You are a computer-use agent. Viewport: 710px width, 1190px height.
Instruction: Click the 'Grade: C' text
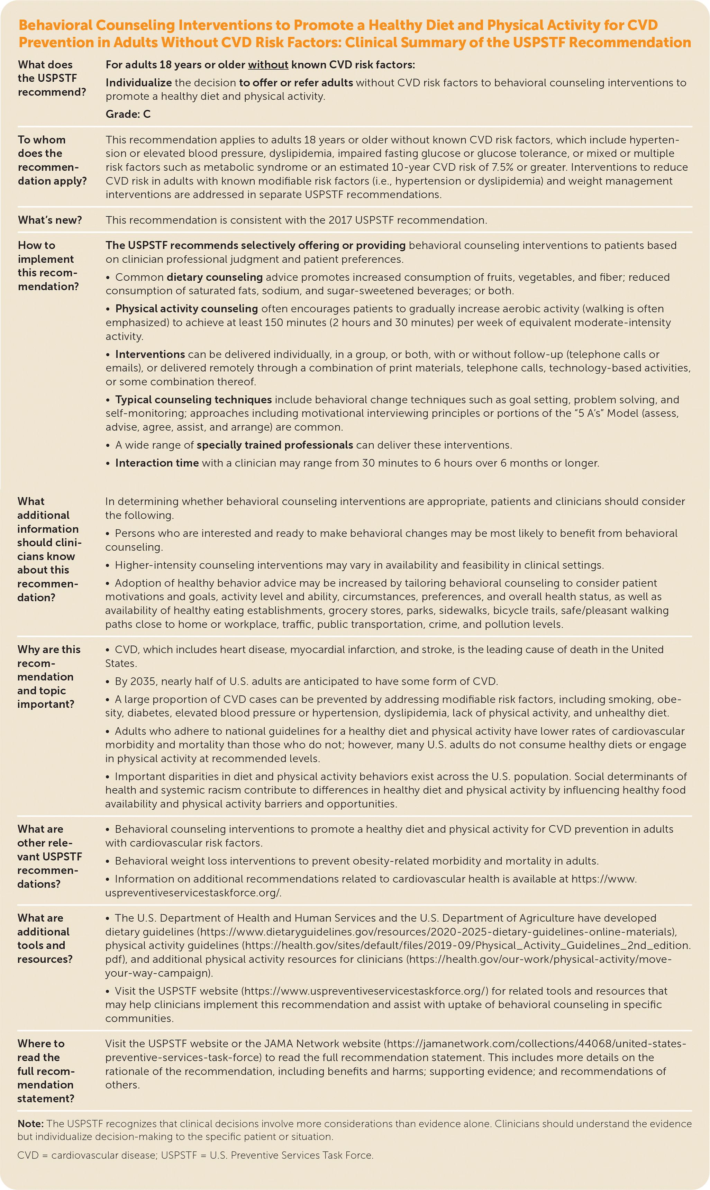pyautogui.click(x=128, y=114)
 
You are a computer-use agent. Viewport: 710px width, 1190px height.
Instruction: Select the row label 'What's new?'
pyautogui.click(x=50, y=220)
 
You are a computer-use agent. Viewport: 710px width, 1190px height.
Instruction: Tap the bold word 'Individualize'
pyautogui.click(x=138, y=83)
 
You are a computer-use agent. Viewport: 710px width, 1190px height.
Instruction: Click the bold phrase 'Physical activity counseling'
pyautogui.click(x=186, y=309)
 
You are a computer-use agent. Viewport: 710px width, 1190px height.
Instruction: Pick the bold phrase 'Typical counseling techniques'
pyautogui.click(x=193, y=400)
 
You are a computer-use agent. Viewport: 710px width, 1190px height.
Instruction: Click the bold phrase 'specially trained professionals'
pyautogui.click(x=275, y=445)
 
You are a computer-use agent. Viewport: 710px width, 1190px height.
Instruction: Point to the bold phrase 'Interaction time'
pyautogui.click(x=157, y=463)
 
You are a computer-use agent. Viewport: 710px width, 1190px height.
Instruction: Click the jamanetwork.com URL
pyautogui.click(x=536, y=1044)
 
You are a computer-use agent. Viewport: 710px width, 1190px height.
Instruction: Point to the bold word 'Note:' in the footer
pyautogui.click(x=30, y=1124)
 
